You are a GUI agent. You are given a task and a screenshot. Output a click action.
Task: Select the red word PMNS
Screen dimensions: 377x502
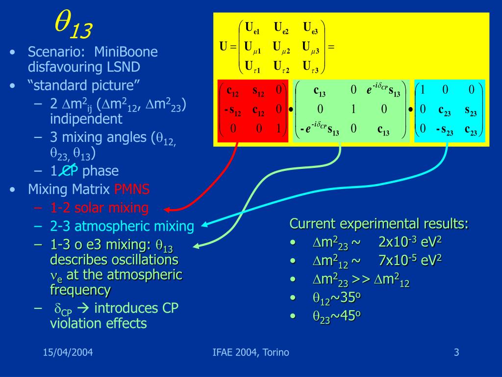click(x=132, y=189)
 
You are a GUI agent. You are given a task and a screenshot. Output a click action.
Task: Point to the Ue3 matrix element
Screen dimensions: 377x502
click(x=310, y=28)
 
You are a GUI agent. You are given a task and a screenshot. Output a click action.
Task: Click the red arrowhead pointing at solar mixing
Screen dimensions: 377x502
click(x=169, y=208)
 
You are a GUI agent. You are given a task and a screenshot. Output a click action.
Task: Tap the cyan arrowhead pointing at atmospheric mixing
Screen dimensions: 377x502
click(x=204, y=225)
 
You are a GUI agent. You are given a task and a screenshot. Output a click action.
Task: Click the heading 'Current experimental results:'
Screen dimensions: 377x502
click(x=379, y=224)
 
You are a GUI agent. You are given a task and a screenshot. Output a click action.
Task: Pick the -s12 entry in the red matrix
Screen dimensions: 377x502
click(x=232, y=109)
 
